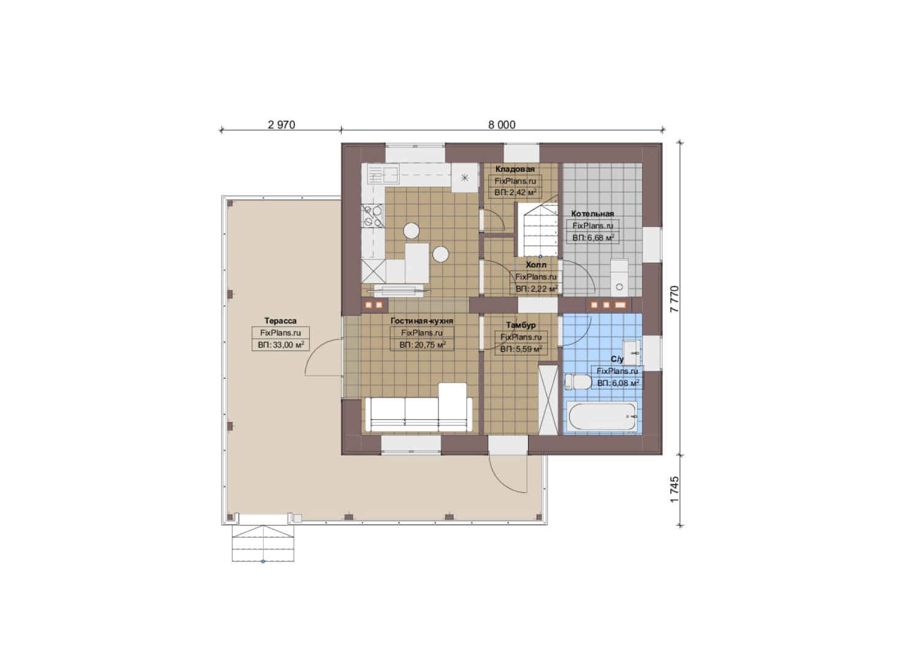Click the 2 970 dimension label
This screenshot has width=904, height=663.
(x=282, y=125)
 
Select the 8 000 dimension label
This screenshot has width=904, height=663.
(x=502, y=125)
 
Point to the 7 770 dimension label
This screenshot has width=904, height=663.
(x=675, y=300)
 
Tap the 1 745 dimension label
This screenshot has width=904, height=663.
(x=675, y=489)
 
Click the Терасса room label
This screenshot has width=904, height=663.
(x=280, y=321)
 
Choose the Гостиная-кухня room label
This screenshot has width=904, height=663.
(x=422, y=321)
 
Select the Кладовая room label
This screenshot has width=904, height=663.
(x=515, y=169)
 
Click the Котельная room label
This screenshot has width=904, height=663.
(x=592, y=213)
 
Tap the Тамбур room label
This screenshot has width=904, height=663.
(x=521, y=325)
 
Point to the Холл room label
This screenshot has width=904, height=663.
(x=536, y=265)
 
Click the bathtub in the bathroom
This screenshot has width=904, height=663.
(x=602, y=417)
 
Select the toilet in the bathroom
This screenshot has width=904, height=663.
(x=578, y=381)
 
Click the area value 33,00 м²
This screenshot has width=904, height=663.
(x=280, y=344)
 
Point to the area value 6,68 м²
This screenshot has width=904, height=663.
(x=593, y=238)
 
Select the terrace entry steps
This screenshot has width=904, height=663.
(x=262, y=543)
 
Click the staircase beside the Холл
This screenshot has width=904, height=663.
(x=537, y=230)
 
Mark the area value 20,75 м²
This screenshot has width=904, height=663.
(x=423, y=344)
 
